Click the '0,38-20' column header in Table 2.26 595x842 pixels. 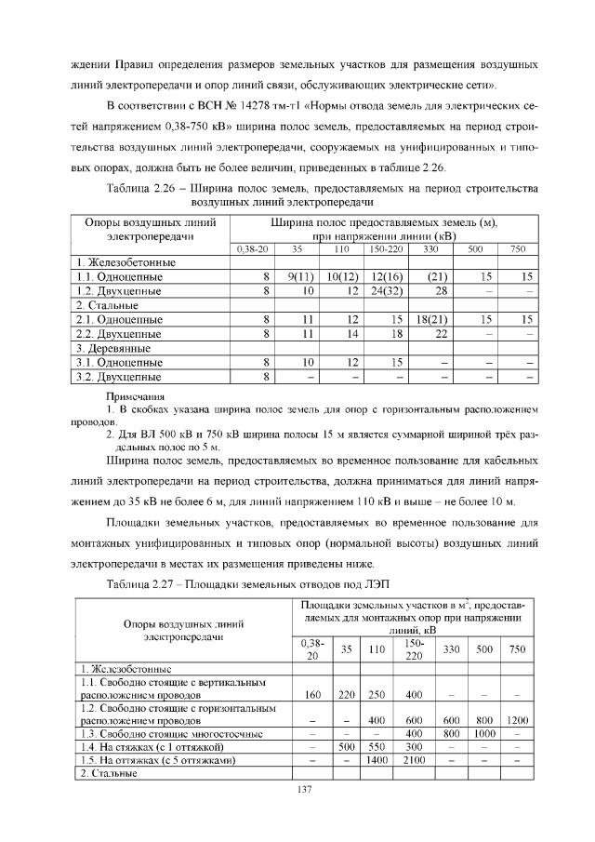(x=252, y=249)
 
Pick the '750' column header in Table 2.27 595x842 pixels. (x=517, y=649)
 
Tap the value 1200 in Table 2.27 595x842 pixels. (x=517, y=720)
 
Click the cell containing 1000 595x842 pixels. (x=483, y=733)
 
